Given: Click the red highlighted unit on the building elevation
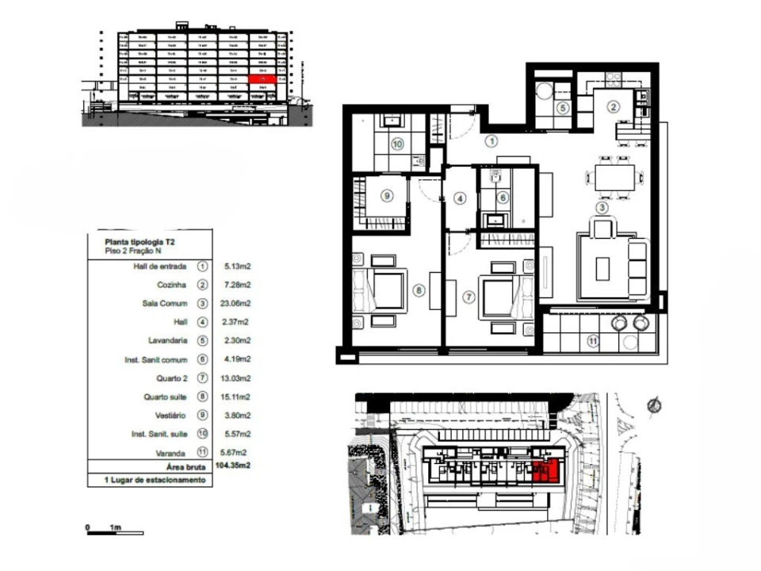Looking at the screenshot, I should click(262, 79).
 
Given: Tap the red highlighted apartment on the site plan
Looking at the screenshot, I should click(545, 471).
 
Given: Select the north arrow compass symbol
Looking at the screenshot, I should click(655, 405).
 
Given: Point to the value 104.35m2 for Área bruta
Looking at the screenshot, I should click(232, 467).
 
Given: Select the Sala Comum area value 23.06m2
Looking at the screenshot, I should click(235, 303).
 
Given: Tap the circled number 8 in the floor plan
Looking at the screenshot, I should click(419, 291).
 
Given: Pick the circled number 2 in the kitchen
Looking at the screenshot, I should click(613, 106).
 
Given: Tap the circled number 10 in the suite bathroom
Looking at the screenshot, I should click(397, 144).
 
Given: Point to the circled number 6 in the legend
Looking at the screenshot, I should click(201, 359).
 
